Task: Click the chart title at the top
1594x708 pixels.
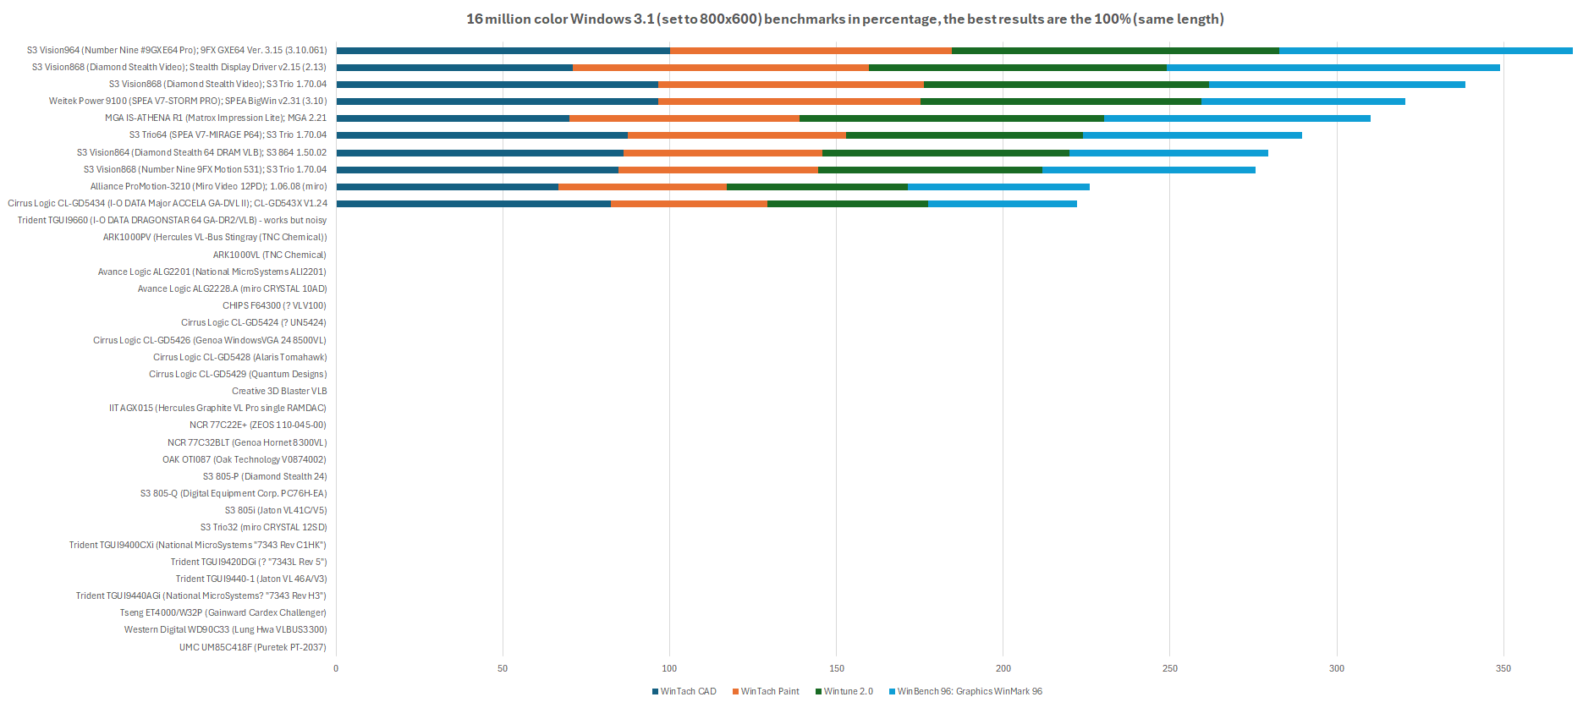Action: (844, 19)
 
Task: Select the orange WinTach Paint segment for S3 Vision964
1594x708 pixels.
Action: (811, 51)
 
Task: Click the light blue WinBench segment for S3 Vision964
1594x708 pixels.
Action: (1426, 51)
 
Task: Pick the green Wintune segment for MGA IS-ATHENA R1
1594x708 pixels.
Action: (952, 118)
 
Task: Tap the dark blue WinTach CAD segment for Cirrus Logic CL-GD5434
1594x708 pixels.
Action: (473, 204)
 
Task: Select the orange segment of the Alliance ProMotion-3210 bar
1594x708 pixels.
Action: (642, 187)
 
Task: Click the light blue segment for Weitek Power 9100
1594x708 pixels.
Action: (1303, 102)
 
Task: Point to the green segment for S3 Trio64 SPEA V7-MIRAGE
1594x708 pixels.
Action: (965, 135)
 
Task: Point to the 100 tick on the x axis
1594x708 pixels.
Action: (669, 668)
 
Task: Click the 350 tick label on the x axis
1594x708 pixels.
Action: (1503, 668)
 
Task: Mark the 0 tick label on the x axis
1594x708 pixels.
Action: (336, 668)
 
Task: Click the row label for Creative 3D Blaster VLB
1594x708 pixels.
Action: (279, 391)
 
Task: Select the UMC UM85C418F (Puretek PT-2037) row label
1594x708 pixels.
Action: (252, 647)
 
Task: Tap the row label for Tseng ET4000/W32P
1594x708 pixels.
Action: (223, 612)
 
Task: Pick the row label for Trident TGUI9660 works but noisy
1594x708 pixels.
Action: (172, 220)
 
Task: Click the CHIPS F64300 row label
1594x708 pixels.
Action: (274, 305)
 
